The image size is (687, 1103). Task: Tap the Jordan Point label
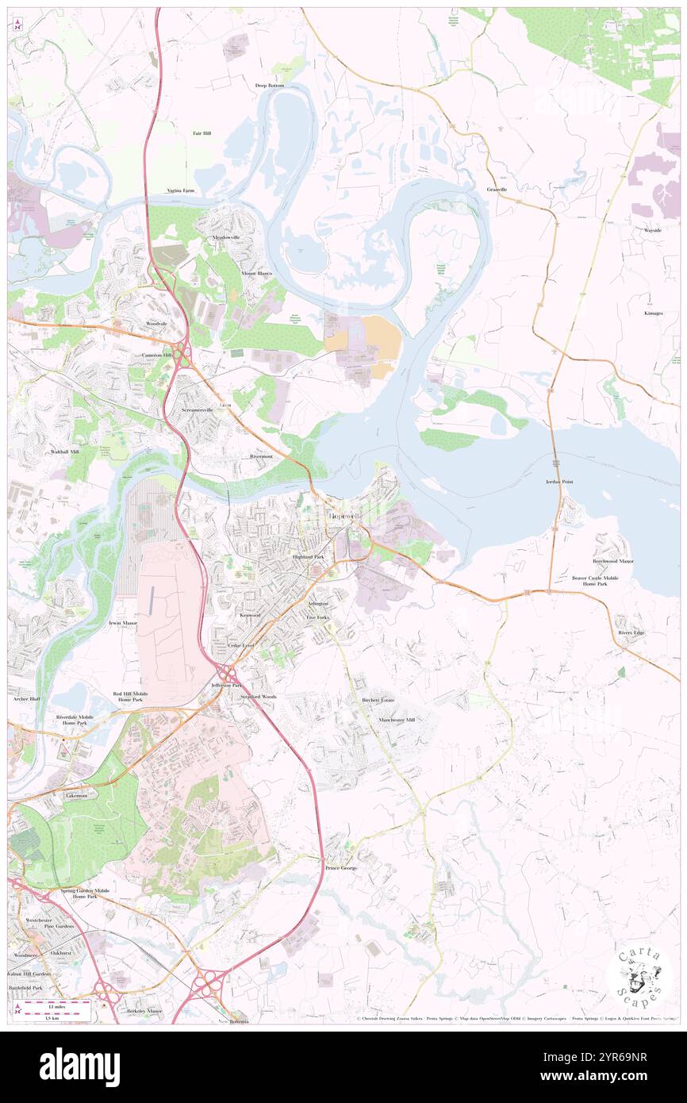(x=559, y=482)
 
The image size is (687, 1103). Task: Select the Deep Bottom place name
(x=269, y=85)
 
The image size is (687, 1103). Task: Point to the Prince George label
(x=341, y=868)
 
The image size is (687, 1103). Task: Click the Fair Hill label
(x=201, y=133)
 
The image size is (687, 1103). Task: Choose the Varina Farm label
(x=180, y=190)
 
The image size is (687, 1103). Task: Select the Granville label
(x=497, y=190)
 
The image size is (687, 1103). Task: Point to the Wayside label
(x=653, y=230)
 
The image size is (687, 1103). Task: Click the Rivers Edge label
(x=631, y=632)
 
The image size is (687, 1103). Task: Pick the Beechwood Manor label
(x=613, y=561)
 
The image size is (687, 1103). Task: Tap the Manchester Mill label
(x=397, y=720)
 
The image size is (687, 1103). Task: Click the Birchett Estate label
(x=378, y=700)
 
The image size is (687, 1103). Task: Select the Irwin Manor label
(x=123, y=623)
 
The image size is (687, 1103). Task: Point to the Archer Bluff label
(x=26, y=699)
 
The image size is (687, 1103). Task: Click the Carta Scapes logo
(x=639, y=975)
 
